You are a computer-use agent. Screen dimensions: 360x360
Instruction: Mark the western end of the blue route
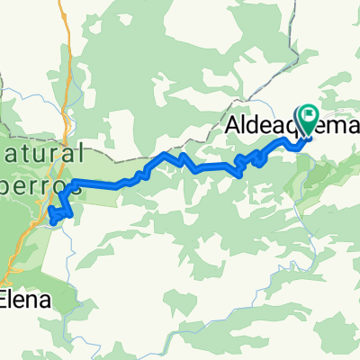[x=53, y=219]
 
